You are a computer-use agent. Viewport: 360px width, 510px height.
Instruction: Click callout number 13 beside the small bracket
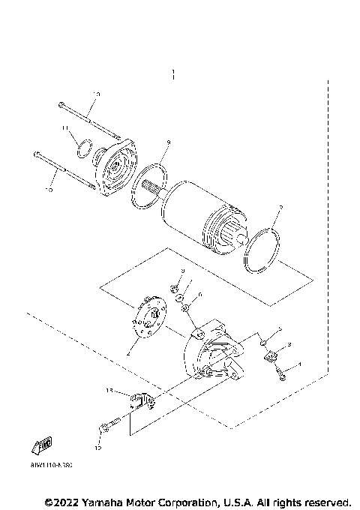click(109, 391)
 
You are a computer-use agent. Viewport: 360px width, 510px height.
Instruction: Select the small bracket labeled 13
click(140, 402)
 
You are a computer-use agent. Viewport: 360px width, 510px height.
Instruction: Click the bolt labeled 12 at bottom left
click(109, 425)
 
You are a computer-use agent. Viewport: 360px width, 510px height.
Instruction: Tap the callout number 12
click(97, 448)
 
